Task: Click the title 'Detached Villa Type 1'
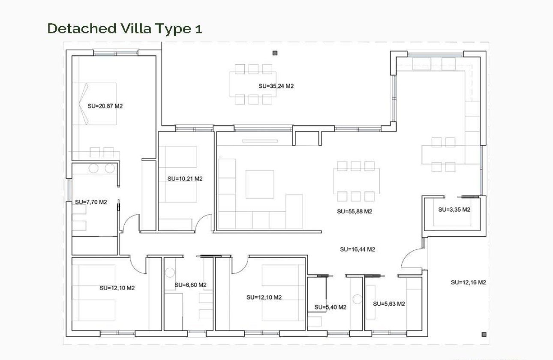pyautogui.click(x=124, y=28)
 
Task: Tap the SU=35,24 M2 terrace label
pyautogui.click(x=276, y=86)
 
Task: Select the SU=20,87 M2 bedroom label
pyautogui.click(x=105, y=106)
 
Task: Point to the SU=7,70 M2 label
pyautogui.click(x=91, y=202)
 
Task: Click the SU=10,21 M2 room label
pyautogui.click(x=185, y=179)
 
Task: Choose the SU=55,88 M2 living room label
pyautogui.click(x=354, y=211)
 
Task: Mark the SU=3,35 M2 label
pyautogui.click(x=454, y=210)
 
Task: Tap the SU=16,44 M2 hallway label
pyautogui.click(x=357, y=249)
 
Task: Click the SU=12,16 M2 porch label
pyautogui.click(x=468, y=282)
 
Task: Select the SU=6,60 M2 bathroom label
pyautogui.click(x=190, y=285)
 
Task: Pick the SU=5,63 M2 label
pyautogui.click(x=389, y=304)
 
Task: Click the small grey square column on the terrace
pyautogui.click(x=275, y=53)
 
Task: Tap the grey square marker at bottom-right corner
pyautogui.click(x=484, y=334)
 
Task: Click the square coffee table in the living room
pyautogui.click(x=259, y=184)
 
